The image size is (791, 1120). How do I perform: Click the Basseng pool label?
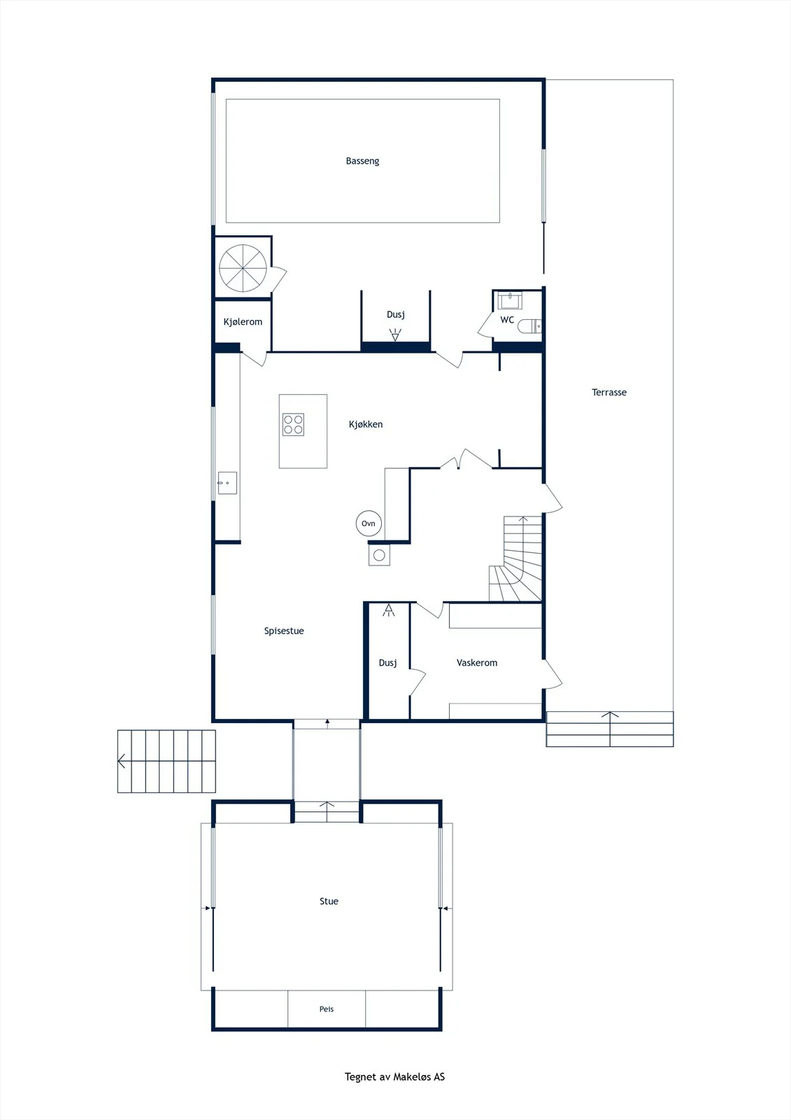pyautogui.click(x=362, y=161)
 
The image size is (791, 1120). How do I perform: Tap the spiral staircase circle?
pyautogui.click(x=243, y=268)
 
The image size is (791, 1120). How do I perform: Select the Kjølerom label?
pyautogui.click(x=243, y=322)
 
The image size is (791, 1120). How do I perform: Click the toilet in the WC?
pyautogui.click(x=529, y=326)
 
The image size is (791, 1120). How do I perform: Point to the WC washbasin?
pyautogui.click(x=510, y=300)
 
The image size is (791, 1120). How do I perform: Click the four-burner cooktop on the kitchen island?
pyautogui.click(x=293, y=424)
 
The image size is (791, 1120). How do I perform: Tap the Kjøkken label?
pyautogui.click(x=366, y=424)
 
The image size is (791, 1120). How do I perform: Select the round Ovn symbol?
pyautogui.click(x=369, y=524)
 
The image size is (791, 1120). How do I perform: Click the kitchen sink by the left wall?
pyautogui.click(x=227, y=483)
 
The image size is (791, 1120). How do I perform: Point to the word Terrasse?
pyautogui.click(x=609, y=393)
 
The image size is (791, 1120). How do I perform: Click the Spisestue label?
pyautogui.click(x=284, y=631)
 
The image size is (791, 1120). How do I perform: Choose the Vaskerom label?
pyautogui.click(x=477, y=663)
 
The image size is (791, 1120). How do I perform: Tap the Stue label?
pyautogui.click(x=329, y=902)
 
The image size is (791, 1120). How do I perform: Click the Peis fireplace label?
pyautogui.click(x=327, y=1009)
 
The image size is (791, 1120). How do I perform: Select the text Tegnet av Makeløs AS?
pyautogui.click(x=394, y=1077)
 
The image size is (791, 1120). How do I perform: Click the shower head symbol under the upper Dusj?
pyautogui.click(x=395, y=335)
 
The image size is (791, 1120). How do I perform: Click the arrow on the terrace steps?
pyautogui.click(x=610, y=722)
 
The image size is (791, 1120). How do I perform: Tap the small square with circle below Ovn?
pyautogui.click(x=379, y=555)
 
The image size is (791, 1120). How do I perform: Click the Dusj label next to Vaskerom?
pyautogui.click(x=387, y=663)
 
